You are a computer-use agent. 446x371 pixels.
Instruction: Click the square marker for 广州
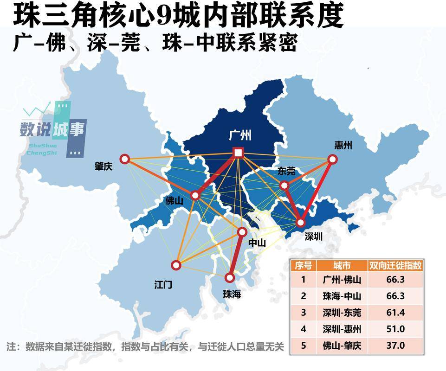pos(239,153)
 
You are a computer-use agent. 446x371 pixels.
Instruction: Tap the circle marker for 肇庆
pos(125,159)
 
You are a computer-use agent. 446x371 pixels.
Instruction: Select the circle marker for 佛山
pos(195,196)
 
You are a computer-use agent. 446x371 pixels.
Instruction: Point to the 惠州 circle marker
pos(332,159)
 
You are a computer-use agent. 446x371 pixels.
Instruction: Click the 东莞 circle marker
pos(284,185)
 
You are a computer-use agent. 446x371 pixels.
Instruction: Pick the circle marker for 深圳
pos(300,223)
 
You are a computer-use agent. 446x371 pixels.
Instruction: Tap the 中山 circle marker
pos(242,231)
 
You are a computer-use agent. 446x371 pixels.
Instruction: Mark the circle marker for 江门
pos(176,265)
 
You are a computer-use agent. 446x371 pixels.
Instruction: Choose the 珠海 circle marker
pos(230,278)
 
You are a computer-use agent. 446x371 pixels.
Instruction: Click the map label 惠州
pos(343,145)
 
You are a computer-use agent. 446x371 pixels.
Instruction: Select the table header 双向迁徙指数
pos(395,265)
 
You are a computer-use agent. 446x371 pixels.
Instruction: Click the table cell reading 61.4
pos(395,313)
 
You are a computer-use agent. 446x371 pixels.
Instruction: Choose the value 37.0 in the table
pos(395,346)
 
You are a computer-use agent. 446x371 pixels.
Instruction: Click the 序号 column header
pos(304,265)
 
